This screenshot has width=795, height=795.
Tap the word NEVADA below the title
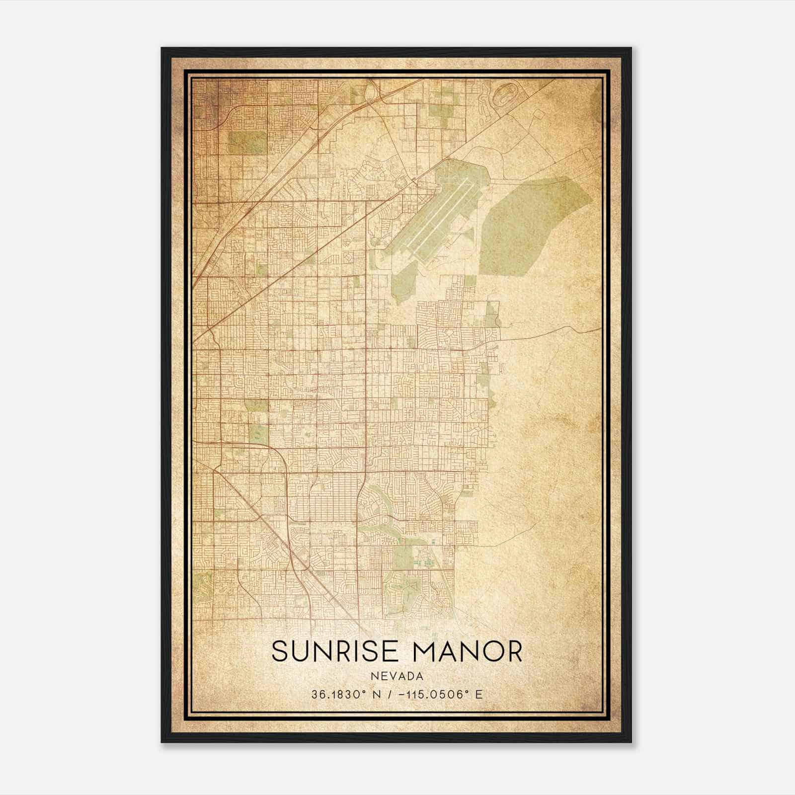click(397, 676)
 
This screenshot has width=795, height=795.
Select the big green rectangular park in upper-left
click(247, 142)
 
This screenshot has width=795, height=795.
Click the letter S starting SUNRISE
click(281, 651)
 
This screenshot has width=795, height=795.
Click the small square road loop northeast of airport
click(538, 114)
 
